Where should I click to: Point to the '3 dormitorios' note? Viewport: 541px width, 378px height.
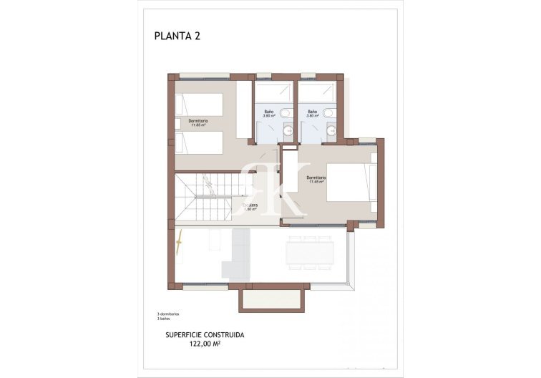pos(168,314)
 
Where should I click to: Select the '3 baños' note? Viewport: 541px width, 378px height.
pos(165,319)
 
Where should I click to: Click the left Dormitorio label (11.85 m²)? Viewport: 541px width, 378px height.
pos(198,122)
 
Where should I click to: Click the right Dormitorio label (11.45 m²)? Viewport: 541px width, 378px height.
pos(316,179)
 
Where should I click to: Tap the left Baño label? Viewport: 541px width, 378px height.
pos(268,113)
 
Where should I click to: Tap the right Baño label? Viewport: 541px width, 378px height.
pos(313,113)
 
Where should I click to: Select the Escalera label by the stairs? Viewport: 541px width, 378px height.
pos(249,207)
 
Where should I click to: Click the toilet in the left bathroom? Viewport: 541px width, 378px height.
pos(286,113)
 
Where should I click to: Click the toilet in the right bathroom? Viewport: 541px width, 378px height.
pos(329,113)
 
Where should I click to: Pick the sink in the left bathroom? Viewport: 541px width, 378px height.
pos(288,130)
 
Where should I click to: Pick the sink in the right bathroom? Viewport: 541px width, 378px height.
pos(331,130)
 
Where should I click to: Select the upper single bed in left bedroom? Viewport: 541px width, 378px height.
pos(198,102)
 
